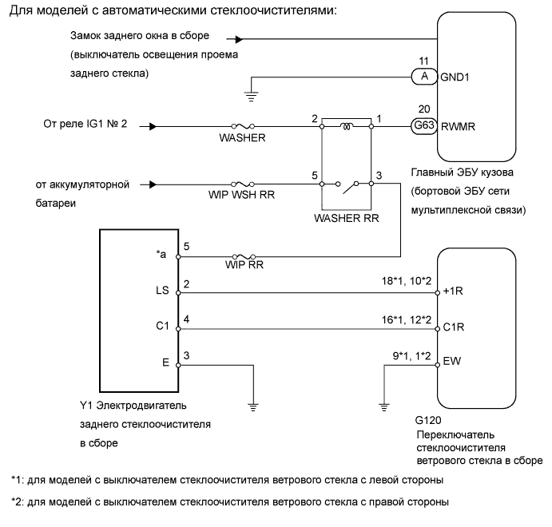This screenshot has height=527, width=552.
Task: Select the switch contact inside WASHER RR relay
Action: point(347,189)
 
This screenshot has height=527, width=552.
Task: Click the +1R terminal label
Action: point(454,293)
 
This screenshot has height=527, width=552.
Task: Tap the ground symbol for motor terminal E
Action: point(252,404)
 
